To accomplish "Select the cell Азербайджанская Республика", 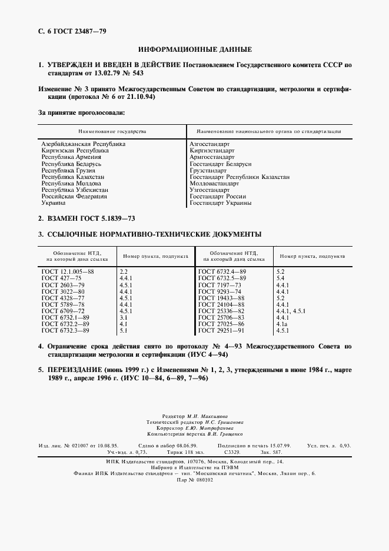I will [83, 144].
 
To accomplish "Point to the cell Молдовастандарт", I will [214, 184].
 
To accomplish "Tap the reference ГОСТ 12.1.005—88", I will [68, 271].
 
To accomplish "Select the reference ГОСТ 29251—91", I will [221, 331].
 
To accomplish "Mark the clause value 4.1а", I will [281, 324].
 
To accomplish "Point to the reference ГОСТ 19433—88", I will [221, 298].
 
